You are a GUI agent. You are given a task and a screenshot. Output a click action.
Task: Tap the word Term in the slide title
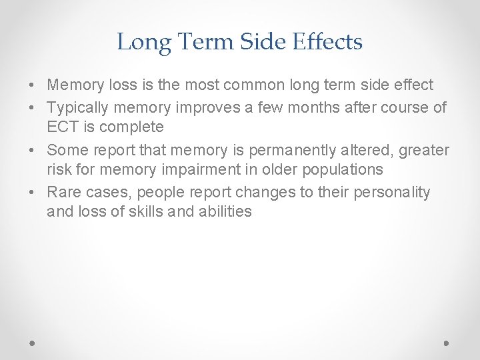pos(198,42)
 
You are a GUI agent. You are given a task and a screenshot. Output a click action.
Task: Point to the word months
pos(315,109)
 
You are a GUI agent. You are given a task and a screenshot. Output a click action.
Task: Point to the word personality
pos(397,193)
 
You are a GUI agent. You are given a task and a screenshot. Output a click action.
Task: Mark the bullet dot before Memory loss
pos(32,85)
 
